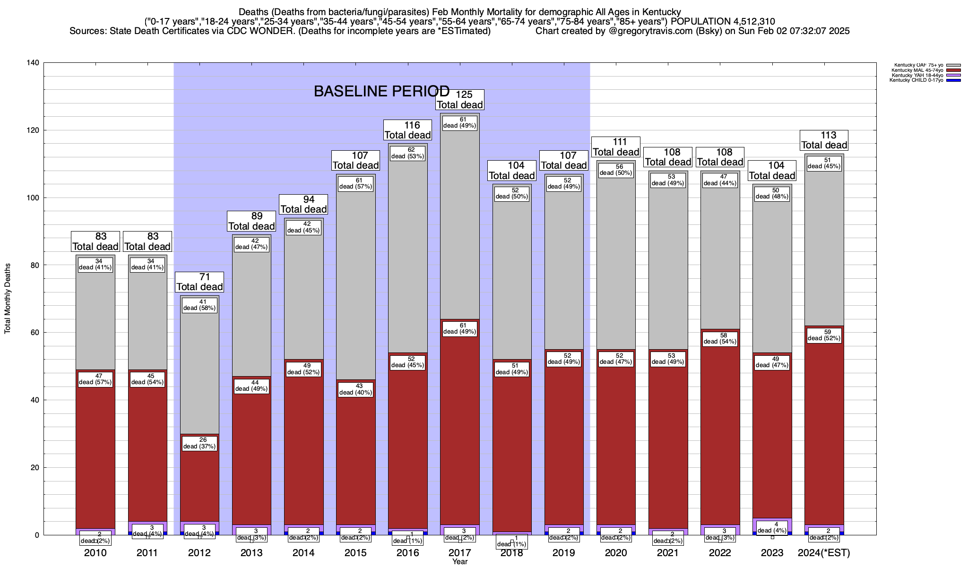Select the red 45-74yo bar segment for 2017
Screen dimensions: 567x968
460,425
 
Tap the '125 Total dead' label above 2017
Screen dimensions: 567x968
460,100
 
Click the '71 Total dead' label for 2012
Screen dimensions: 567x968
199,282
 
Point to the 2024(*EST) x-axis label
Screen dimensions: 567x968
824,553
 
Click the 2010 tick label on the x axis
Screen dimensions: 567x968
95,553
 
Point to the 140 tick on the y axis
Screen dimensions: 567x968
35,63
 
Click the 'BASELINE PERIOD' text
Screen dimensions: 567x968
381,91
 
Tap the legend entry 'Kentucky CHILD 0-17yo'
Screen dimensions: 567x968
916,80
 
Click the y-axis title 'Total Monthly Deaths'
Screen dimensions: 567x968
8,299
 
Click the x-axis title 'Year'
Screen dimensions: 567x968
459,562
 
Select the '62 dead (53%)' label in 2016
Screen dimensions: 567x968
407,153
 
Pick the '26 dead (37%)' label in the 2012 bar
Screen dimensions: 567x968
199,443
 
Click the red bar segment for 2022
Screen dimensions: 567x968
720,425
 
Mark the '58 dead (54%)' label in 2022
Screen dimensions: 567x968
720,338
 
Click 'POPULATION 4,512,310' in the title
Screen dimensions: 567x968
723,21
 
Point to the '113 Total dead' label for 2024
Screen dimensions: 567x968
824,140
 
